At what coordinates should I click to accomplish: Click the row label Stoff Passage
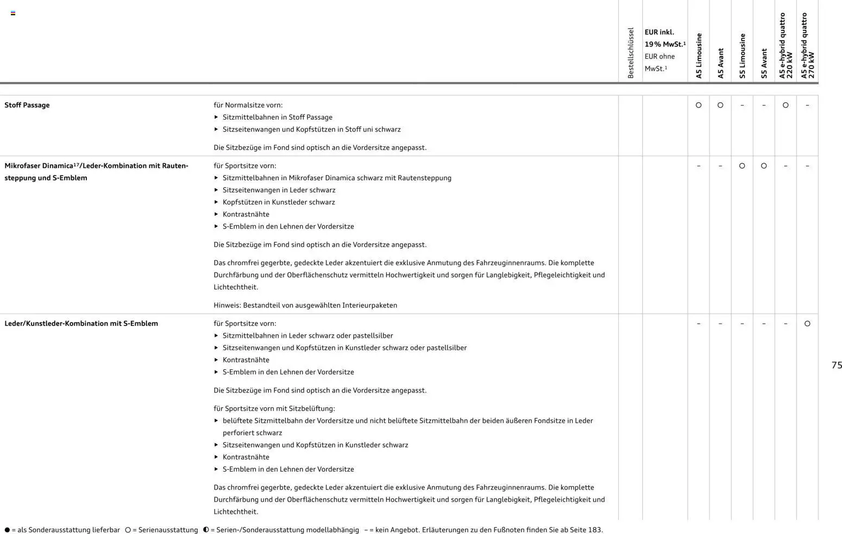[x=27, y=105]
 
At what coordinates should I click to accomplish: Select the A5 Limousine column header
[x=699, y=56]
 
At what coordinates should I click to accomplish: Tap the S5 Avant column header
[x=764, y=64]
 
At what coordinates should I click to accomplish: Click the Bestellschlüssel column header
[x=631, y=53]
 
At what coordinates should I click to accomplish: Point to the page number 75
[x=836, y=365]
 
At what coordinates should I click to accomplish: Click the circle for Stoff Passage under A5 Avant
[x=720, y=105]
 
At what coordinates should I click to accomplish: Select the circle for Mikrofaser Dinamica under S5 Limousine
[x=742, y=166]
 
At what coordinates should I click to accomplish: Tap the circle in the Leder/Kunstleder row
[x=807, y=324]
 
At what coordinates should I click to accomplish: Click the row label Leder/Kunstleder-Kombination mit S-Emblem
[x=81, y=324]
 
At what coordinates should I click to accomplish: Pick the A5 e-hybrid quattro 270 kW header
[x=807, y=46]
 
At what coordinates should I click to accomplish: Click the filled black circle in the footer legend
[x=7, y=530]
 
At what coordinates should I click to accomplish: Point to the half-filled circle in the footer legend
[x=206, y=530]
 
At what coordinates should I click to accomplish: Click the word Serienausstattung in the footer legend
[x=168, y=530]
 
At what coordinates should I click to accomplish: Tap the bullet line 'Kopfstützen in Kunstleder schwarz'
[x=279, y=202]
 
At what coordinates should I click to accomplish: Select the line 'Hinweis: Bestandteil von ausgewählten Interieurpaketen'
[x=305, y=306]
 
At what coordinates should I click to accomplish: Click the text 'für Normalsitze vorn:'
[x=248, y=105]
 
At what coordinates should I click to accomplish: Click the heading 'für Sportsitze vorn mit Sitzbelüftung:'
[x=274, y=409]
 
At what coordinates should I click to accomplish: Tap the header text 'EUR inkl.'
[x=659, y=32]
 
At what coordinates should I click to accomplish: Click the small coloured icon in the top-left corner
[x=13, y=13]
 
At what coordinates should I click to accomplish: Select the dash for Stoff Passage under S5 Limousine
[x=742, y=105]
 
